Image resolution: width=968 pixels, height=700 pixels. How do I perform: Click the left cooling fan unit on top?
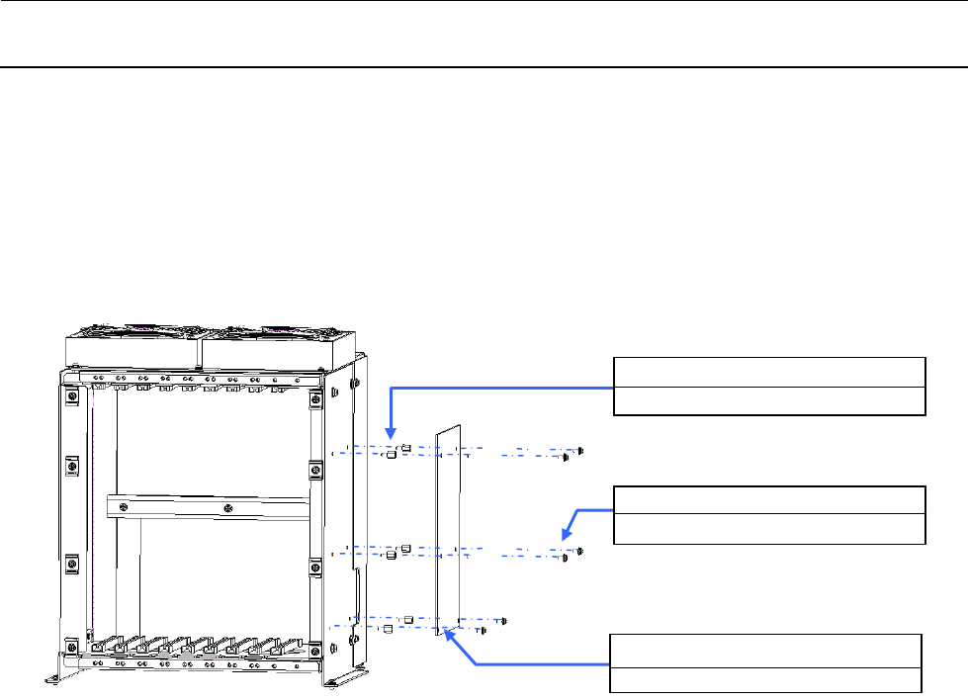point(132,345)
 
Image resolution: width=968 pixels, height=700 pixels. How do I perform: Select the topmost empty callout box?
point(769,386)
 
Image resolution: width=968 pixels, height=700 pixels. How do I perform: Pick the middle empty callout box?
point(769,514)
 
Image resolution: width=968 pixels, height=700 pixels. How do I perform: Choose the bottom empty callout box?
point(765,663)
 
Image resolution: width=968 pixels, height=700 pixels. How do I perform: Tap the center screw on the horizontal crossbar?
point(228,509)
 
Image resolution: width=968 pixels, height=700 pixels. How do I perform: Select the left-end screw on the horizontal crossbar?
point(124,508)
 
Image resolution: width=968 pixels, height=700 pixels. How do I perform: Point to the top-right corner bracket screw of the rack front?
point(314,398)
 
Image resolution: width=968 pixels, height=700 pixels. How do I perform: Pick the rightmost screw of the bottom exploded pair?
point(505,620)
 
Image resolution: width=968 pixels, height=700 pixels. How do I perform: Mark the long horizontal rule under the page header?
point(484,67)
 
